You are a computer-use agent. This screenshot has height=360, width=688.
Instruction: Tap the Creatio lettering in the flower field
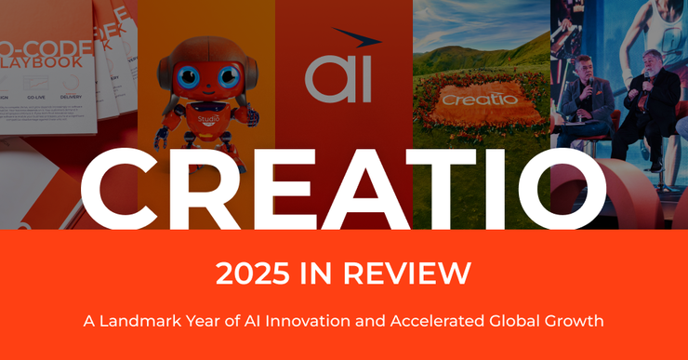point(479,99)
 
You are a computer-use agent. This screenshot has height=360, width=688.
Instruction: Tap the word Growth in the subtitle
point(575,321)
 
